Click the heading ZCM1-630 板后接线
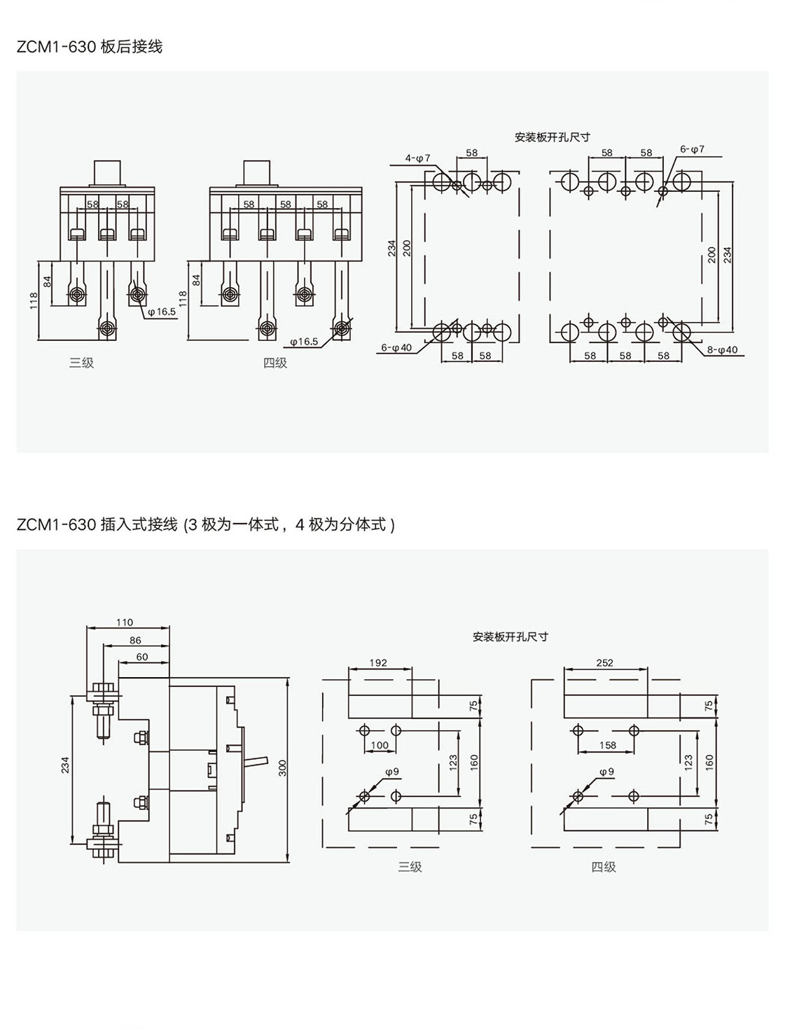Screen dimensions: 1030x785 90,47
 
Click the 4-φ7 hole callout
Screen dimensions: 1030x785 418,158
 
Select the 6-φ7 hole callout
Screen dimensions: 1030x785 692,150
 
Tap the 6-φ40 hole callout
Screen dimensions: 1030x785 396,347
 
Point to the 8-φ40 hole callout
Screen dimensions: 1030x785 722,349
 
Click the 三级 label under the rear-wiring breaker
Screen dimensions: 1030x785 81,363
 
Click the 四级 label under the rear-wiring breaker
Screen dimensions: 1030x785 275,363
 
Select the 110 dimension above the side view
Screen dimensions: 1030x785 124,622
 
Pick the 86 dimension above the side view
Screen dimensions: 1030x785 135,640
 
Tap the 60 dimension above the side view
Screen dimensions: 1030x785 142,657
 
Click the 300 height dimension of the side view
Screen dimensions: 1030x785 283,768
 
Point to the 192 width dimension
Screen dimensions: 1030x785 378,662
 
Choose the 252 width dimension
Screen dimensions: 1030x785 604,662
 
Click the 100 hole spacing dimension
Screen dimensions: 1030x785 380,745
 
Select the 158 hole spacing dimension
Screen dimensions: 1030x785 608,745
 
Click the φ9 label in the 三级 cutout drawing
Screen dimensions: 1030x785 392,772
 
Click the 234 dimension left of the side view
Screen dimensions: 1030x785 66,765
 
